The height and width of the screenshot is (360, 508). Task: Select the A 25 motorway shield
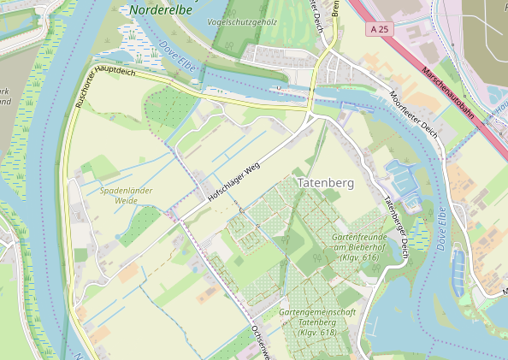(x=382, y=30)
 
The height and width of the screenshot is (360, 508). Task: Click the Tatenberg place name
(x=325, y=183)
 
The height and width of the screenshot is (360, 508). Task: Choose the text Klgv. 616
(x=358, y=257)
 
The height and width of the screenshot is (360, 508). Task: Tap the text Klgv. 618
(x=317, y=332)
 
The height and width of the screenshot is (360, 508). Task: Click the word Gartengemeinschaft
(x=317, y=312)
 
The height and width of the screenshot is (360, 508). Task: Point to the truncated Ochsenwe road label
(x=257, y=339)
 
